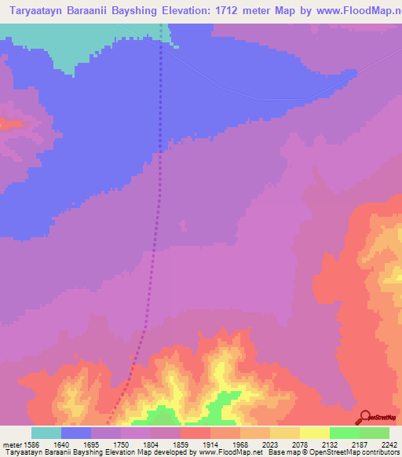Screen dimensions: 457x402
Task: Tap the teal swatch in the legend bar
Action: (46, 433)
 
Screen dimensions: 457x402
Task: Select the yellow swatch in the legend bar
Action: (315, 433)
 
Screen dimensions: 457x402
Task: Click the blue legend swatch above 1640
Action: (76, 433)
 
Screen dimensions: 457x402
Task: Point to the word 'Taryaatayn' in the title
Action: (35, 10)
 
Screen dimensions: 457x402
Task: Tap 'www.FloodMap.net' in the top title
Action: (361, 10)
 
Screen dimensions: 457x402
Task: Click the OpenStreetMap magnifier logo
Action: (364, 418)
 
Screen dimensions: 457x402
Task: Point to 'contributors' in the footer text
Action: (382, 452)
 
